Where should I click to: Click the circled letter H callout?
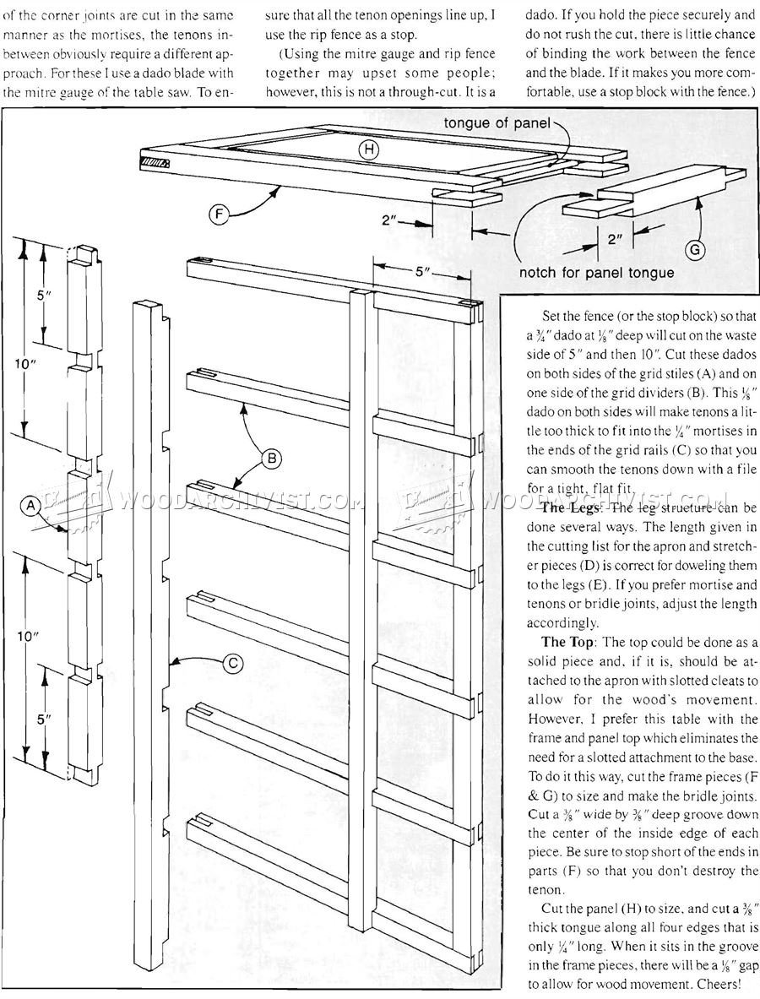point(367,150)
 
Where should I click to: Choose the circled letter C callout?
point(231,664)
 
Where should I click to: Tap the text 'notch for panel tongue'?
point(596,272)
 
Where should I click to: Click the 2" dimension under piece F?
point(389,220)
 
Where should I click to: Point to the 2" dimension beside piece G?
point(616,238)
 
